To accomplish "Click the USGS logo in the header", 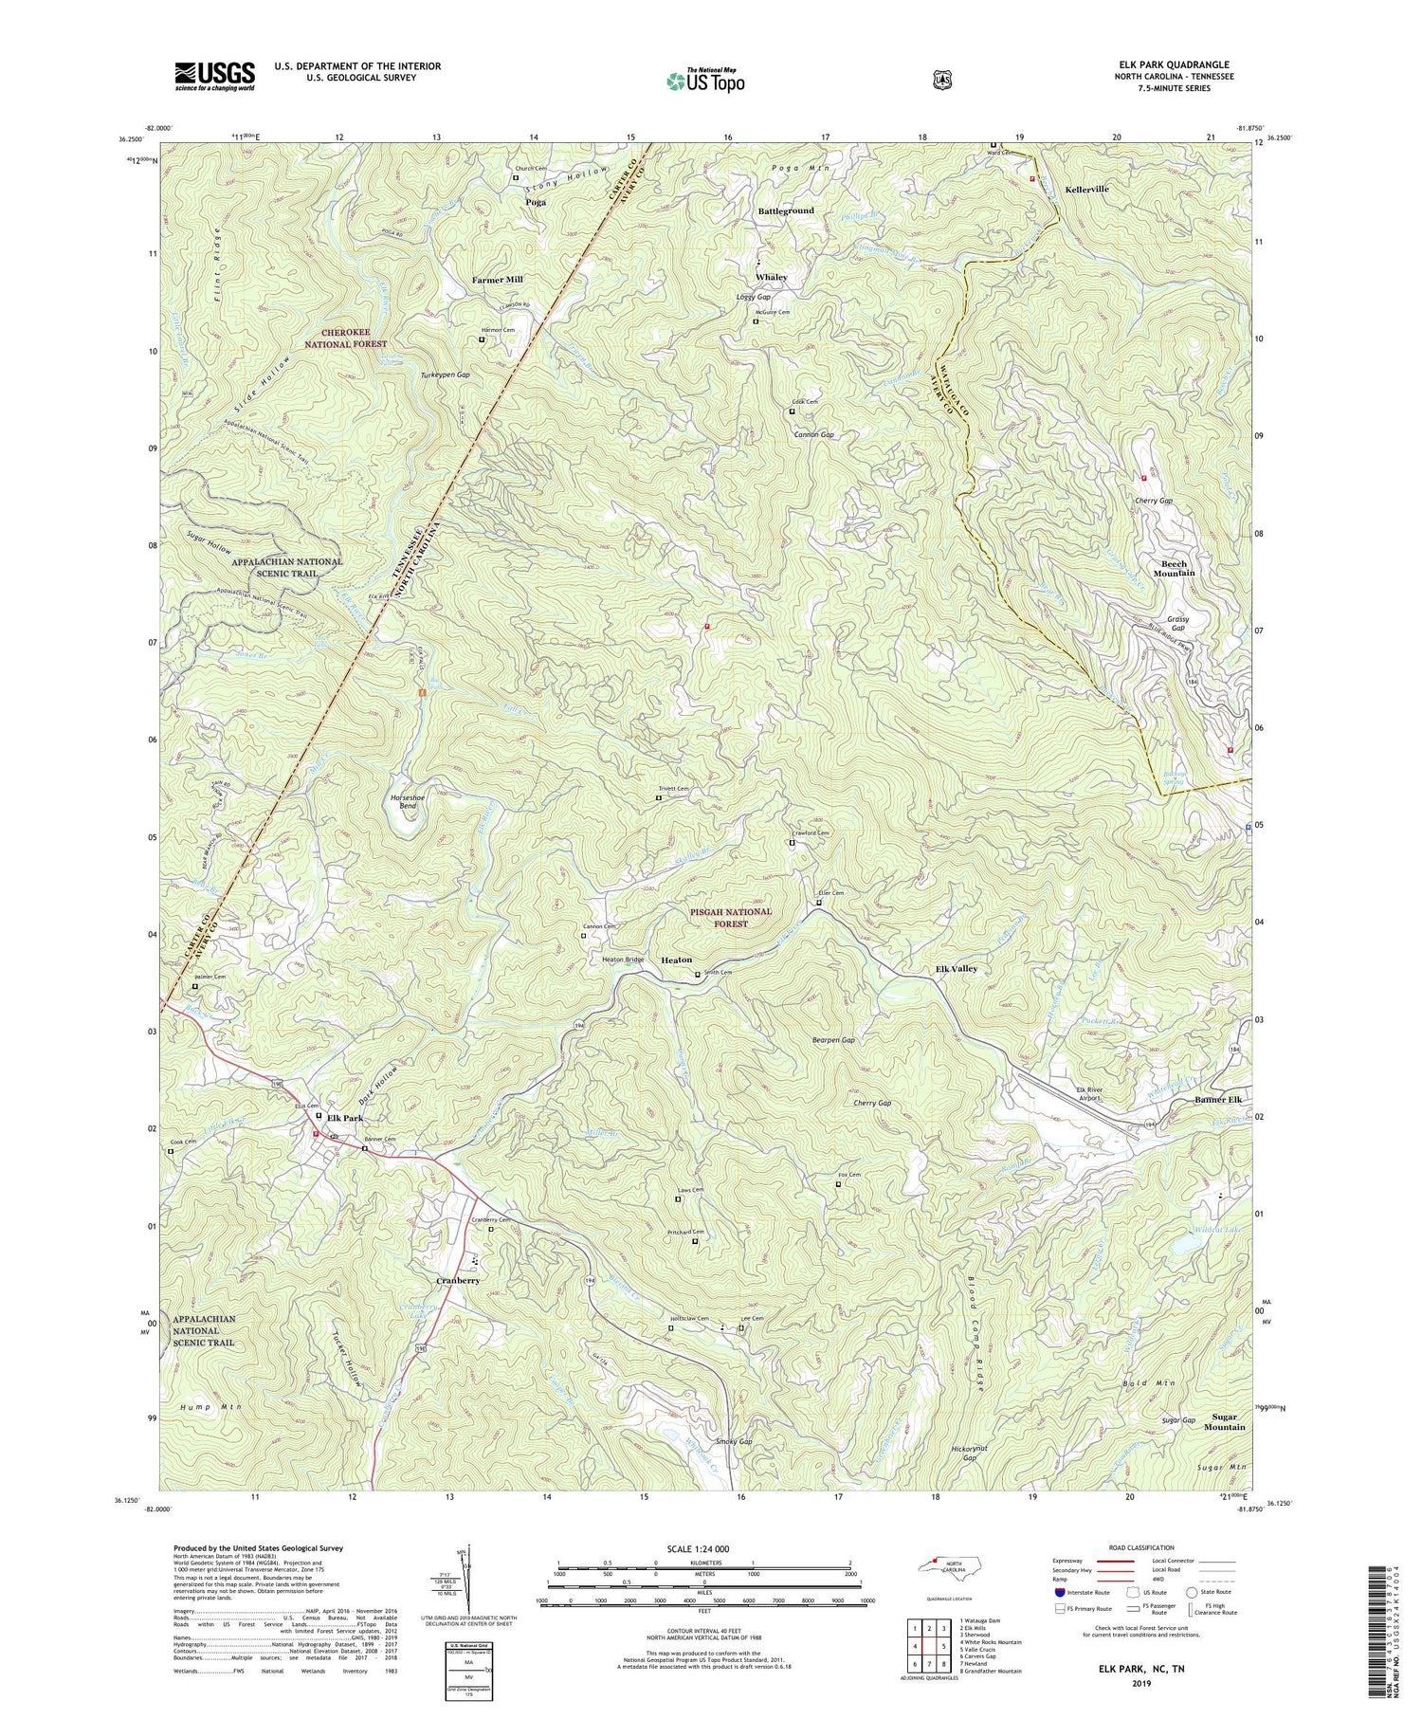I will (214, 76).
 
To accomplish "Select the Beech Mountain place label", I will (1173, 568).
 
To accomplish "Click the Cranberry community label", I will (458, 1280).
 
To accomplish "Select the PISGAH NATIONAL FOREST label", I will (731, 917).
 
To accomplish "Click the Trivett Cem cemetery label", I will (673, 789).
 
